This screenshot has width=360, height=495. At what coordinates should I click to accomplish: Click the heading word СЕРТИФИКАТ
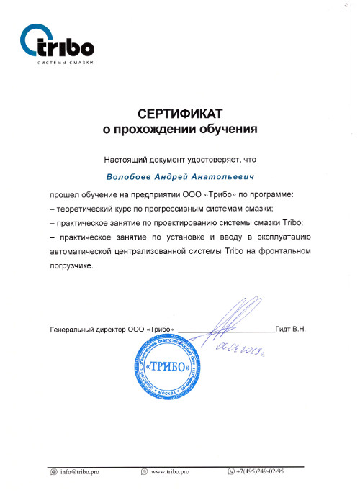point(179,114)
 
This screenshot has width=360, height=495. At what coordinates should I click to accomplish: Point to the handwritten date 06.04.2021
point(238,351)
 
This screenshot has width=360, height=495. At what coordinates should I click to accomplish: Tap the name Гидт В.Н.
point(290,329)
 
